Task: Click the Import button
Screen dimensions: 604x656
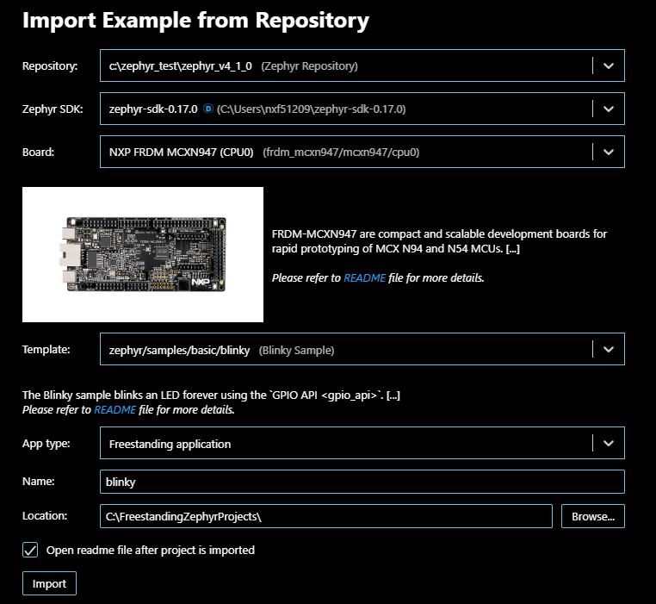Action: coord(49,583)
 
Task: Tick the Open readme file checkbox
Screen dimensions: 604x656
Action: coord(31,550)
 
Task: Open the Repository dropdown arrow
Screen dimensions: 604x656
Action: coord(608,65)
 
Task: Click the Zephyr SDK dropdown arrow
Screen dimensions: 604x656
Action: coord(608,109)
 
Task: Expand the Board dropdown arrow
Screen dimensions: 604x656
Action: coord(608,152)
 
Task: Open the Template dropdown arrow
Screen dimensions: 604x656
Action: coord(608,350)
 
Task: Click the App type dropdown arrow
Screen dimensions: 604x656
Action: coord(608,444)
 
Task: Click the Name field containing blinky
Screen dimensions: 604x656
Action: coord(362,482)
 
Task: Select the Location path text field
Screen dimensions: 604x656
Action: coord(325,516)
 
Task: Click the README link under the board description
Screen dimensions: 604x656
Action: coord(360,278)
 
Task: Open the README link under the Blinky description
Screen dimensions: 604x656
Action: coord(114,410)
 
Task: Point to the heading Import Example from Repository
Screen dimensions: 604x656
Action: coord(195,21)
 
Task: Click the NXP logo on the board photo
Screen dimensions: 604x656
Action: coord(201,282)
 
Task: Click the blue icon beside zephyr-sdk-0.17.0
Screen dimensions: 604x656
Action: coord(207,109)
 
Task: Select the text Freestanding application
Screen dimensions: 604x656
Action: coord(170,444)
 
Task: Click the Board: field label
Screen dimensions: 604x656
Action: coord(38,152)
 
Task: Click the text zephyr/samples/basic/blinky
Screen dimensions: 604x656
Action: coord(181,350)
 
